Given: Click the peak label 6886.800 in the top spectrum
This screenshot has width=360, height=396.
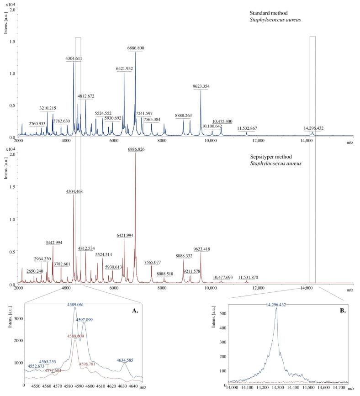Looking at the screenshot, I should (135, 48).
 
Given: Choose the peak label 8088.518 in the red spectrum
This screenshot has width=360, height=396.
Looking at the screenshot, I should (164, 274).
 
